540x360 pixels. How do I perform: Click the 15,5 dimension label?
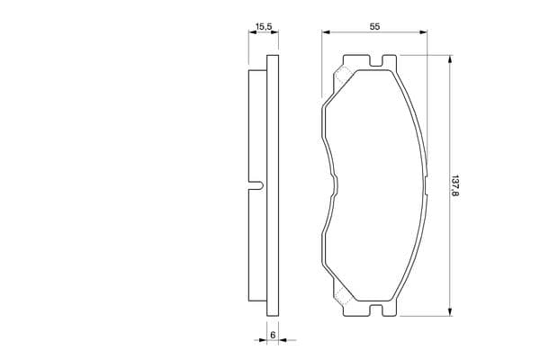click(264, 26)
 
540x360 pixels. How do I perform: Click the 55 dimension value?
click(374, 26)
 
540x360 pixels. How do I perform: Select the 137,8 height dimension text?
click(455, 185)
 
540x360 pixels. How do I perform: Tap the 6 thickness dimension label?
click(273, 335)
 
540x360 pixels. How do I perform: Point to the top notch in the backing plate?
click(376, 61)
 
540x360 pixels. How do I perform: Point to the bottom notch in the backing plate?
click(376, 310)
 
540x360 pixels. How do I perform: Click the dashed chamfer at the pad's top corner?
click(343, 76)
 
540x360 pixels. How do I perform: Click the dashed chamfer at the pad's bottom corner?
click(343, 296)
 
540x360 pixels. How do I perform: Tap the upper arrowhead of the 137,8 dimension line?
click(449, 58)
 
